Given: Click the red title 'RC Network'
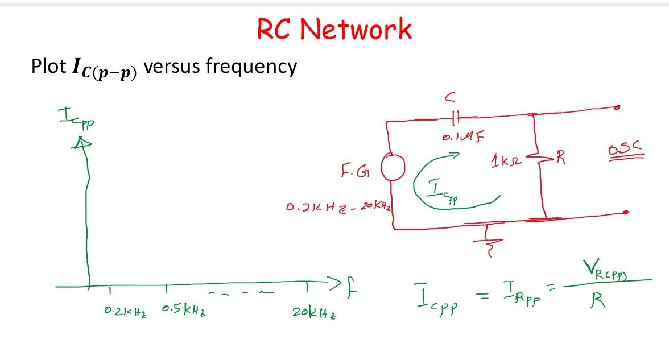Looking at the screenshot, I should (334, 29).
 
